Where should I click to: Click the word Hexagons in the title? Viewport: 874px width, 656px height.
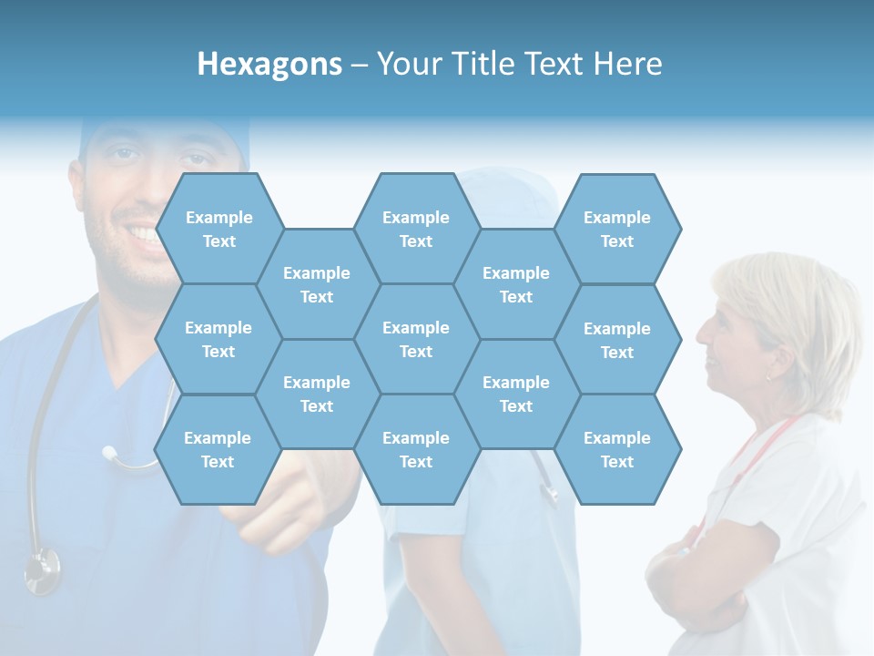(x=269, y=64)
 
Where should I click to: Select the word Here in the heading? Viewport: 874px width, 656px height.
(x=627, y=64)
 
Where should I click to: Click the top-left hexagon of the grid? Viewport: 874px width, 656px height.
(x=218, y=229)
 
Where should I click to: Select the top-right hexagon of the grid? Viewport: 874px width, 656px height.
(x=617, y=229)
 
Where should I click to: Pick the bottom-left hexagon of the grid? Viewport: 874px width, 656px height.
(x=218, y=449)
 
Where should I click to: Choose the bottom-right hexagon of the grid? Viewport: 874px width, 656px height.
(x=617, y=449)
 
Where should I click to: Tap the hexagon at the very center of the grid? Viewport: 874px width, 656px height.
(x=416, y=339)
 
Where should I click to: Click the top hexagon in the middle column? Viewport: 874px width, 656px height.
(x=416, y=229)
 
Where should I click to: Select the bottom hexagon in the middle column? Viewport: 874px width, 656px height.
(x=416, y=449)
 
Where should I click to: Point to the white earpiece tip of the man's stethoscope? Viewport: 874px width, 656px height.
(x=109, y=452)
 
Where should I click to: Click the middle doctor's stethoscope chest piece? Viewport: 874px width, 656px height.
(x=549, y=493)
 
